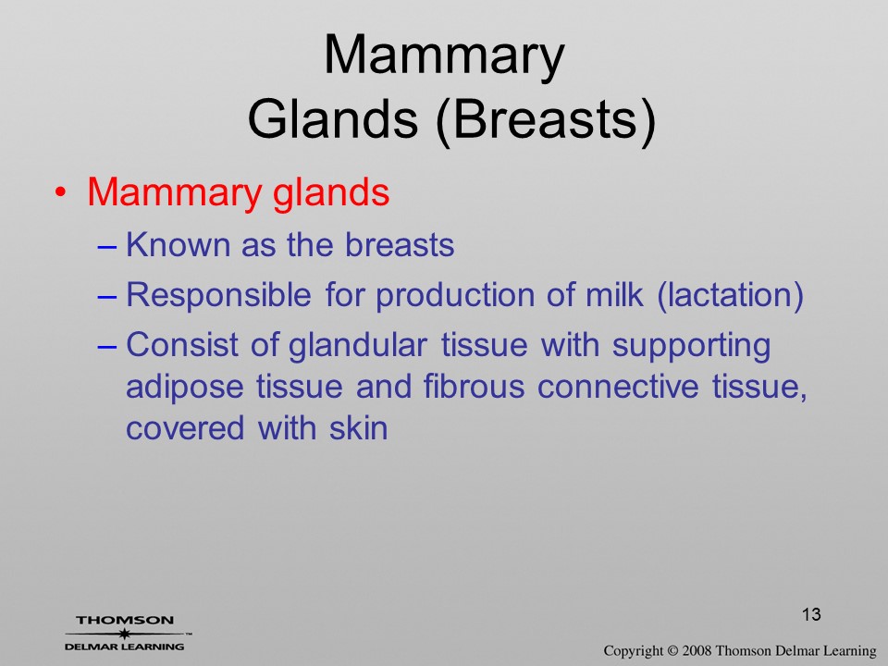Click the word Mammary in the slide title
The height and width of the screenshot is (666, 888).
pos(444,56)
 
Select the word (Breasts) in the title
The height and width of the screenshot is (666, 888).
pos(546,120)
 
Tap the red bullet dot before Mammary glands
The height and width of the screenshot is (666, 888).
pos(61,192)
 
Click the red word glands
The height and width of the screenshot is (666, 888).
pos(331,193)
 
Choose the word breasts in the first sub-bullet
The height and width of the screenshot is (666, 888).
pos(400,244)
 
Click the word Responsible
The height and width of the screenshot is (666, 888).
pos(218,296)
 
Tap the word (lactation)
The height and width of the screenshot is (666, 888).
pos(730,296)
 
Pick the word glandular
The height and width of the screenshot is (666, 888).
pos(358,346)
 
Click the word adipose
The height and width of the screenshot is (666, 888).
pos(185,388)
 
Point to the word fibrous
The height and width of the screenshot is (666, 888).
pos(474,387)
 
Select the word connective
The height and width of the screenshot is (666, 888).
pos(618,387)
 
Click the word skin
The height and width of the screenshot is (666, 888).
pos(359,427)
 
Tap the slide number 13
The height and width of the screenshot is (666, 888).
pos(811,614)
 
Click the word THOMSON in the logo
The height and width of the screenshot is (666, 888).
pos(125,620)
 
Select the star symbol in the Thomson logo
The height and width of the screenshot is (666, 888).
pos(124,634)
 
